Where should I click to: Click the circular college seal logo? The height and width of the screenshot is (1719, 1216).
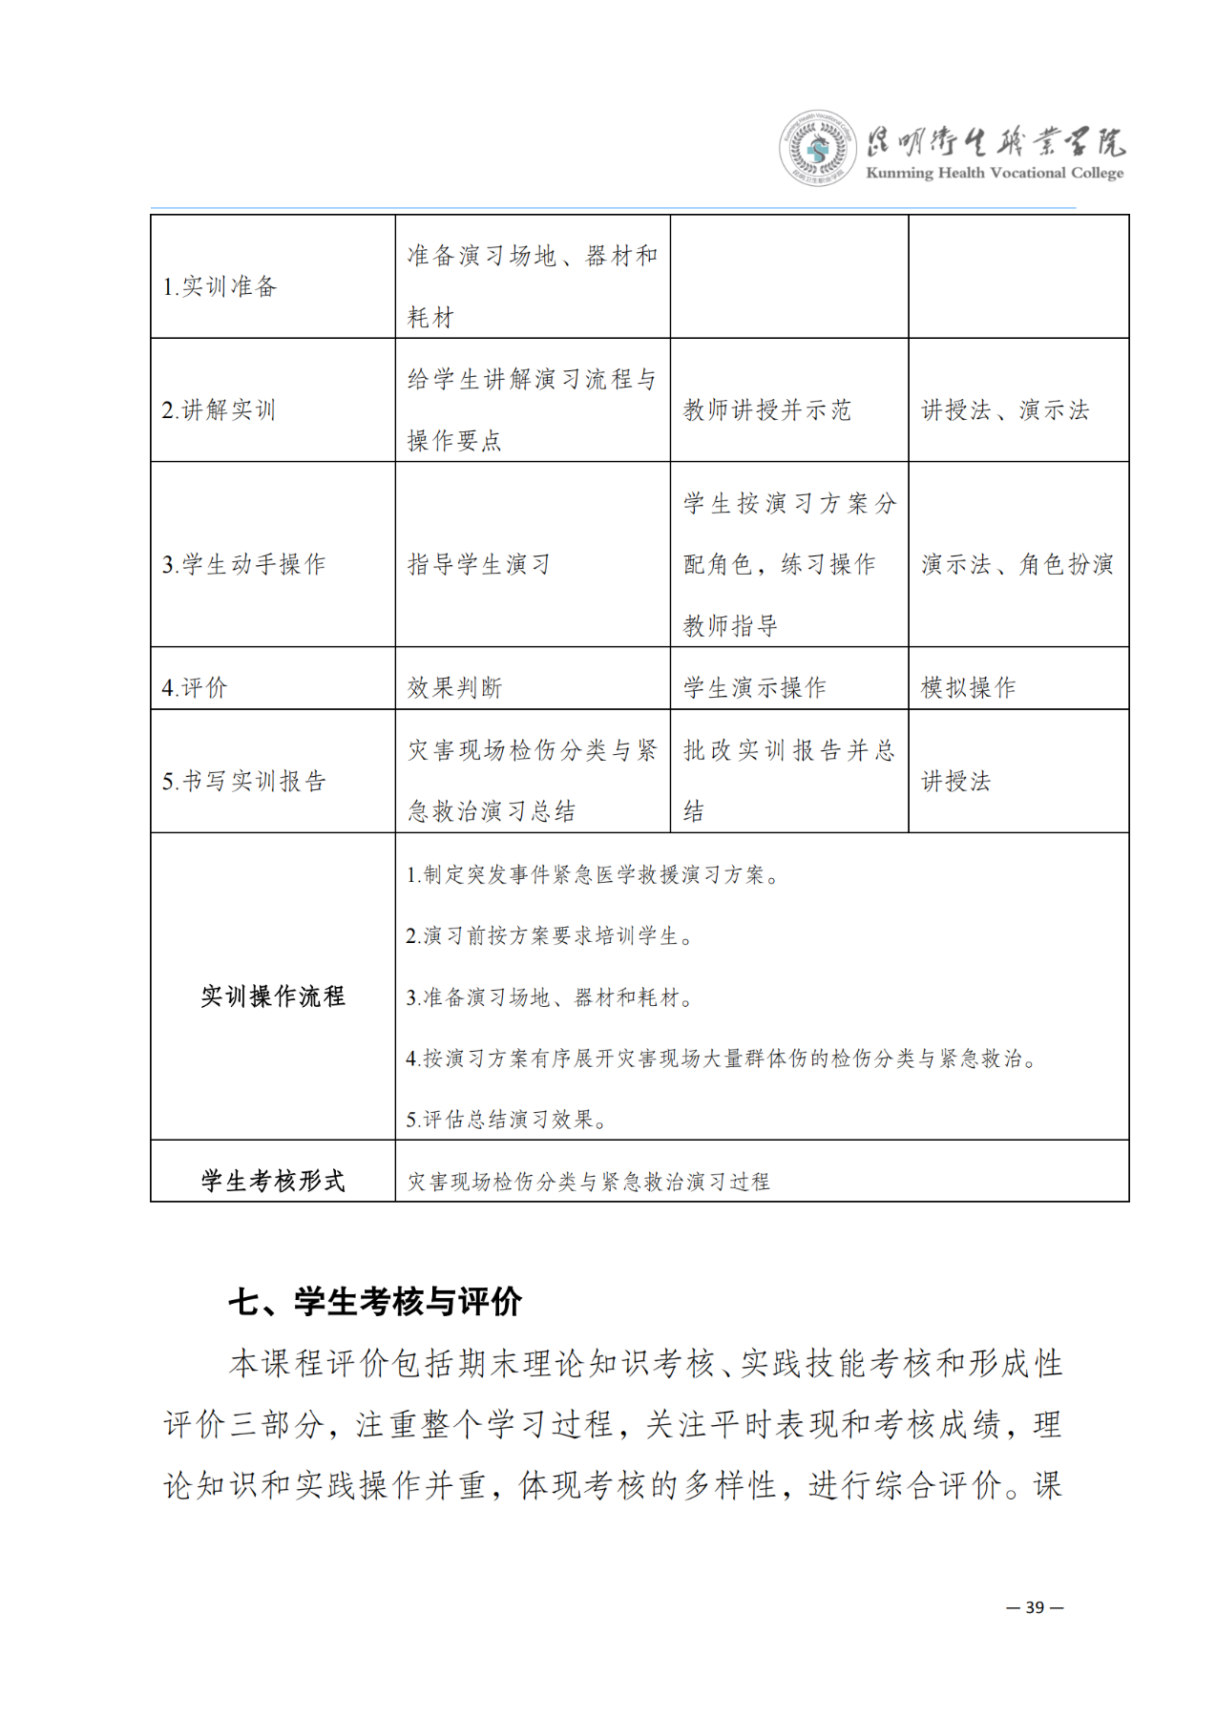817,148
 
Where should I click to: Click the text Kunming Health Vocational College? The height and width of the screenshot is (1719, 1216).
994,173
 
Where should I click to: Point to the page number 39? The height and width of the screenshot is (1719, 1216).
1035,1607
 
